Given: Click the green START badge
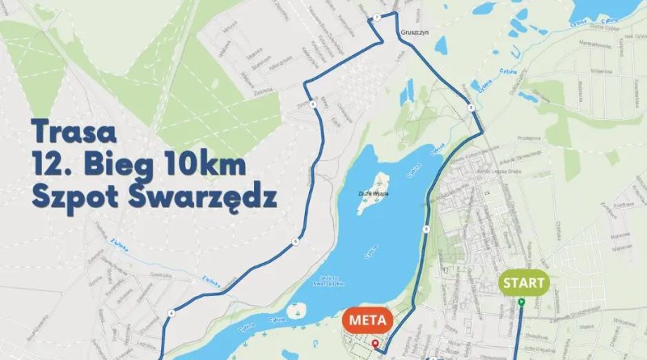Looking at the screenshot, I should click(522, 284).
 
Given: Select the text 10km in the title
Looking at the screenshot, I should click(202, 165).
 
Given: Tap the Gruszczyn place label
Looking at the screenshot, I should click(414, 34).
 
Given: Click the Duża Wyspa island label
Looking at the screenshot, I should click(372, 193).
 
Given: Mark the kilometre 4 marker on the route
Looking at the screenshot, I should click(172, 312).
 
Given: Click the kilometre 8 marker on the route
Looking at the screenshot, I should click(470, 108).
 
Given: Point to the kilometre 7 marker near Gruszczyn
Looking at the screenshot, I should click(377, 16).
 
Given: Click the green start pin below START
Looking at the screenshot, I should click(521, 303).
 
